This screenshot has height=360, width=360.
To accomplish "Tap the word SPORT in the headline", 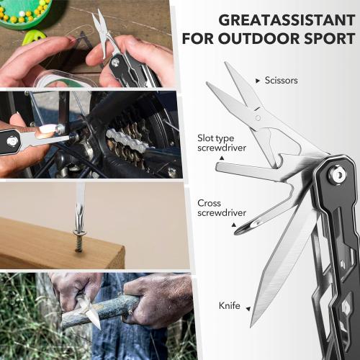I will click(328, 37).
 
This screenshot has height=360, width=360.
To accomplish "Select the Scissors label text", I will click(282, 81).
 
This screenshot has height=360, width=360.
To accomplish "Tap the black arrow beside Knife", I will click(248, 307).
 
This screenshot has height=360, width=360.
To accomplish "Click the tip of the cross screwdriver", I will click(240, 229).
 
